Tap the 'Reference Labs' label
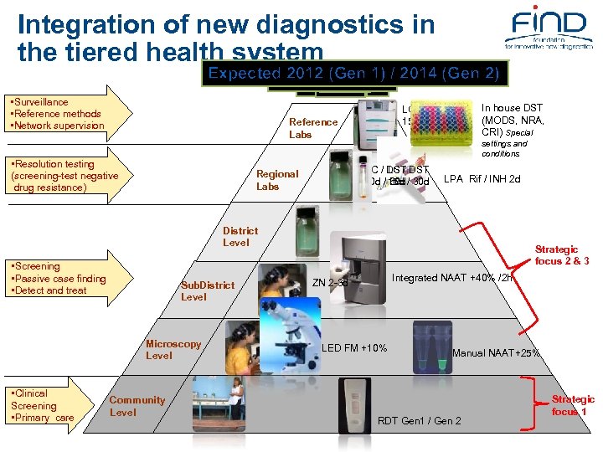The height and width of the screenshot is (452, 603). point(312,128)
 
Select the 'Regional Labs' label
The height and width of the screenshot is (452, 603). point(276,180)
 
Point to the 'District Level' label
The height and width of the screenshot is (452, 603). point(240,236)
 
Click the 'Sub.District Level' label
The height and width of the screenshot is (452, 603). point(207,290)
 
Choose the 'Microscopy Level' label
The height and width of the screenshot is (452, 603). point(173,349)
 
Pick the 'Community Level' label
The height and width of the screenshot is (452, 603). point(137,406)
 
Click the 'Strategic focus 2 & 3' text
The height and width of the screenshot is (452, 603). point(562,255)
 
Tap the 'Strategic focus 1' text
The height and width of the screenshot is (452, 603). point(573,405)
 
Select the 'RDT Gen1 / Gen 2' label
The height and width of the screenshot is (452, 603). point(420,420)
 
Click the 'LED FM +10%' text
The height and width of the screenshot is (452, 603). point(354,347)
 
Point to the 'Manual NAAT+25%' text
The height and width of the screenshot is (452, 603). point(496,353)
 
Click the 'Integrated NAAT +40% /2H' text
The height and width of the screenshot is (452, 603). point(452,278)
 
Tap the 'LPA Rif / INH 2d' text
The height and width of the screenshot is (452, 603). point(482,178)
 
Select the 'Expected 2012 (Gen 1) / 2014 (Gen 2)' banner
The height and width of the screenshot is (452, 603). point(353,73)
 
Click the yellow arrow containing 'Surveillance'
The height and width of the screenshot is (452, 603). point(67,114)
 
